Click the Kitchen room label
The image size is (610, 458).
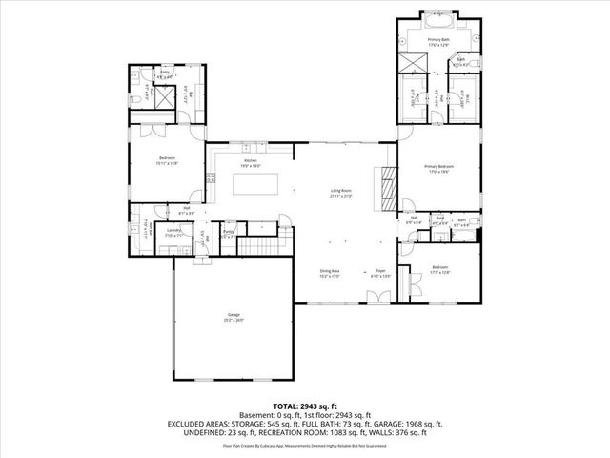252,163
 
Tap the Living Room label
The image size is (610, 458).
341,194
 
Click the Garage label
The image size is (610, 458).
234,316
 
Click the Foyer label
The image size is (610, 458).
379,272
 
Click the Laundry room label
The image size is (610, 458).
173,232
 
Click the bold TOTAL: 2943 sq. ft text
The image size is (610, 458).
305,406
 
